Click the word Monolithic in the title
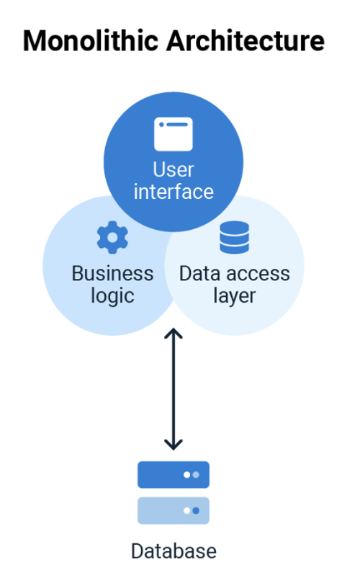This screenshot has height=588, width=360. [x=91, y=40]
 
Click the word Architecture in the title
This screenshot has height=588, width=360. [x=246, y=40]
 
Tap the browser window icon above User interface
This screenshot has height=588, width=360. [x=174, y=134]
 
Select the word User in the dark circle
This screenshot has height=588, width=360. [x=174, y=169]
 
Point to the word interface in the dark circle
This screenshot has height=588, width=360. [x=174, y=192]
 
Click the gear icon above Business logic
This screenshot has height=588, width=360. [x=112, y=237]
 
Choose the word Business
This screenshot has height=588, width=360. [x=112, y=273]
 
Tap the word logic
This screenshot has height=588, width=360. [x=112, y=296]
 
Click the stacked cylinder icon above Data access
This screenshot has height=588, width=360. [x=235, y=237]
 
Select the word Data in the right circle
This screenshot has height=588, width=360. [x=199, y=273]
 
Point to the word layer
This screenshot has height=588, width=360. [x=235, y=296]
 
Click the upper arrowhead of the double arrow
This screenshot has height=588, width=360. [x=174, y=332]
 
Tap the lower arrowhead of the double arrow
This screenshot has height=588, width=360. [x=174, y=445]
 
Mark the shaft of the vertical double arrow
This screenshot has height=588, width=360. [x=174, y=389]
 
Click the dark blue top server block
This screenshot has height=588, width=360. [x=174, y=475]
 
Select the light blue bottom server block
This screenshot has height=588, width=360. [x=174, y=510]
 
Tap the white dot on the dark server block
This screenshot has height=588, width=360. [x=186, y=475]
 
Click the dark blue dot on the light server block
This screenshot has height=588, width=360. [x=196, y=510]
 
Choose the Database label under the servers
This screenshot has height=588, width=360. [x=174, y=551]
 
